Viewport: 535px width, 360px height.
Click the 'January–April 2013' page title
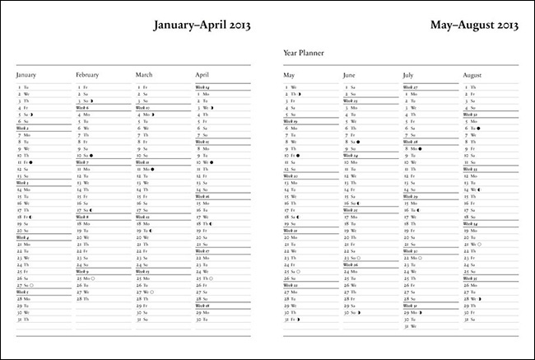coord(202,26)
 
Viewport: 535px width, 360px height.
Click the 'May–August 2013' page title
coord(473,26)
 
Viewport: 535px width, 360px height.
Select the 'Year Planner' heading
coord(304,53)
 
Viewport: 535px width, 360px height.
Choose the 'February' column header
coord(87,75)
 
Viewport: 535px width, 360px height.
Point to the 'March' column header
coord(145,75)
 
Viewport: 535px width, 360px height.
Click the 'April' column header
coord(202,75)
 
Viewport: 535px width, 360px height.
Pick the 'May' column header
coord(289,75)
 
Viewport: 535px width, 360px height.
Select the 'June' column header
coord(349,75)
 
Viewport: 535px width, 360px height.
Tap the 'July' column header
coord(408,75)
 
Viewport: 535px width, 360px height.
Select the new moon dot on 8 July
coord(420,148)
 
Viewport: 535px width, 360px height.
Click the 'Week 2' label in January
coord(23,128)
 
